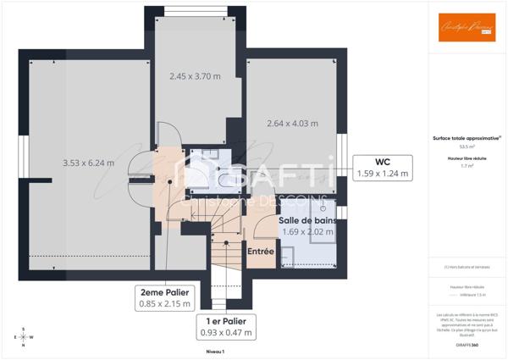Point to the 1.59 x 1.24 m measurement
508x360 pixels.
coord(382,174)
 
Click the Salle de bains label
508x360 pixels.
coord(307,220)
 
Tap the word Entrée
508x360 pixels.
coord(260,252)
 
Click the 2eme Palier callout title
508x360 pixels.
coord(165,291)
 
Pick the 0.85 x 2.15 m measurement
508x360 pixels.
coord(165,303)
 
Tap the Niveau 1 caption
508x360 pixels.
coord(215,351)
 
